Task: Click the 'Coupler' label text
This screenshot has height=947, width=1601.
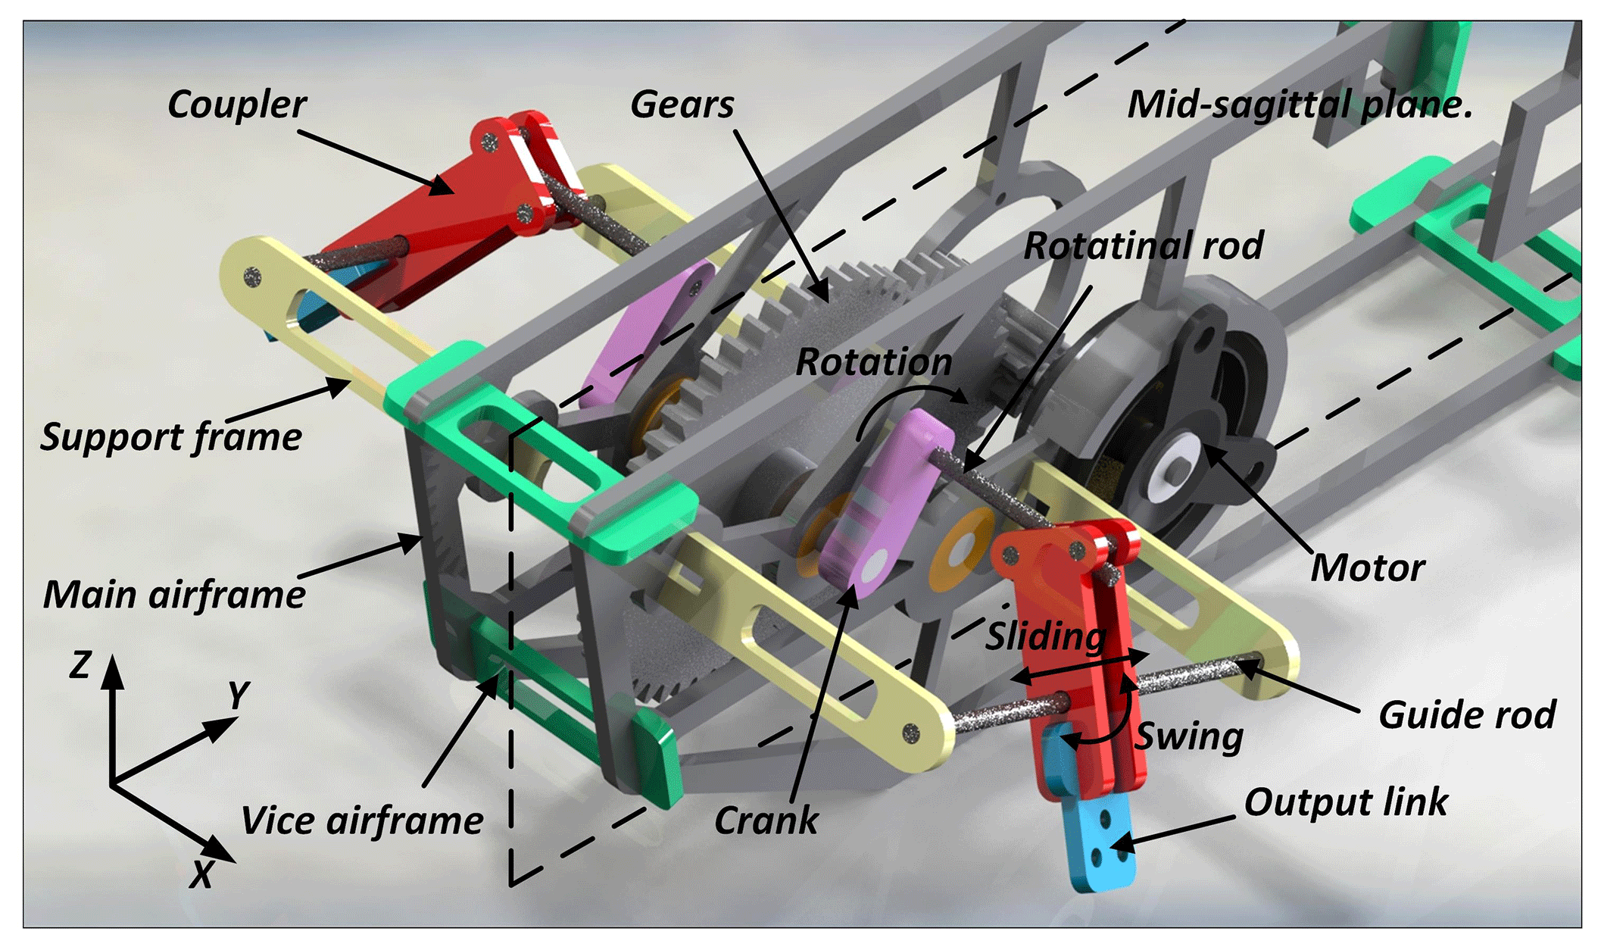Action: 237,105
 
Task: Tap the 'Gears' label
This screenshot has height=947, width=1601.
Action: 682,105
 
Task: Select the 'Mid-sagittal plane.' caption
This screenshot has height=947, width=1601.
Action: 1300,105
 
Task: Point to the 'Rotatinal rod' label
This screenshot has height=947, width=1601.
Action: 1143,246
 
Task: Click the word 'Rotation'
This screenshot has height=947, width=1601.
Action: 873,362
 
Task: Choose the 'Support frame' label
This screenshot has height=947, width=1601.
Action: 171,437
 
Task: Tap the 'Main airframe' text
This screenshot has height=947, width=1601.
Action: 174,595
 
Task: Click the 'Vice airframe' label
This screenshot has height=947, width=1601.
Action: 362,820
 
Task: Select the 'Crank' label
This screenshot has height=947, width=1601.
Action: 766,820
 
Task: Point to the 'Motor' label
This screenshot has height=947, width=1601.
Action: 1367,568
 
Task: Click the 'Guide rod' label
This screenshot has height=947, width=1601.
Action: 1466,715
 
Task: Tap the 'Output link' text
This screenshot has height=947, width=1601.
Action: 1345,802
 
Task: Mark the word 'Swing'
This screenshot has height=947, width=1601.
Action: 1190,736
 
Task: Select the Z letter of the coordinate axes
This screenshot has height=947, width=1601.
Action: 80,665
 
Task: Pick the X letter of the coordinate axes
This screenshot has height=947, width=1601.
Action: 201,875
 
